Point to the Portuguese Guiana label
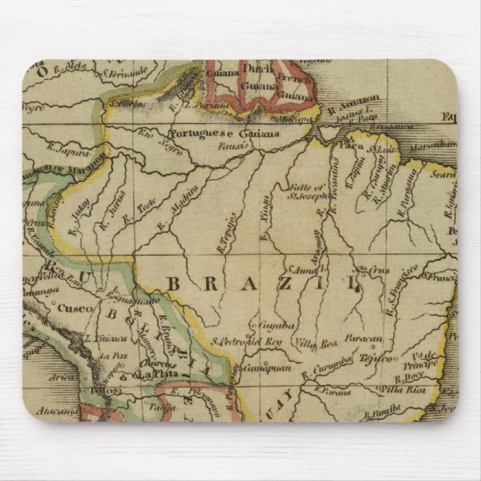[224, 134]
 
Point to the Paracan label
[363, 339]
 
